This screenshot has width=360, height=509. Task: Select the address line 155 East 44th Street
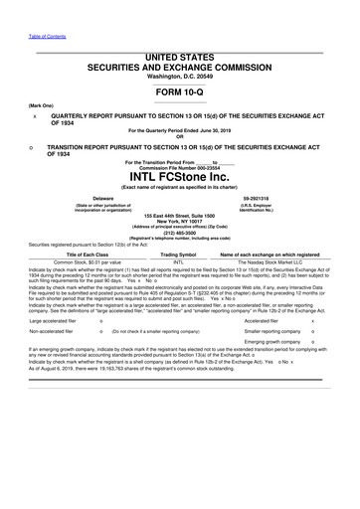(x=180, y=215)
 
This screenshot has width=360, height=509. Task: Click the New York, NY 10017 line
(x=180, y=221)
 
